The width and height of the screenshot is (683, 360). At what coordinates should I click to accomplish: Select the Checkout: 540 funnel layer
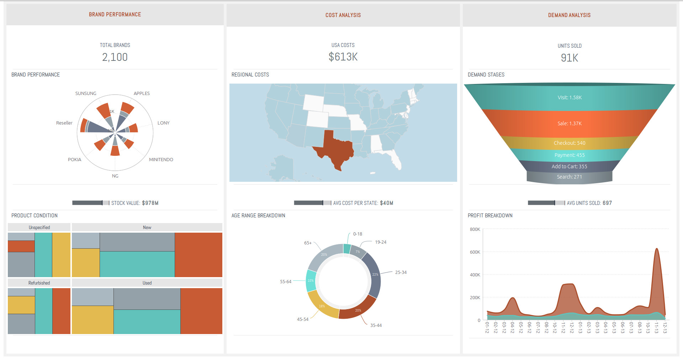click(x=569, y=143)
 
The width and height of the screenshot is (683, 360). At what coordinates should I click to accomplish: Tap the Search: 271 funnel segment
click(x=569, y=177)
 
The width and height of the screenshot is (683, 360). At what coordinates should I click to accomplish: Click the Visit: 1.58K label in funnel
click(x=570, y=97)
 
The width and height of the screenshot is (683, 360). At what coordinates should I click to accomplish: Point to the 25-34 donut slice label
click(x=401, y=272)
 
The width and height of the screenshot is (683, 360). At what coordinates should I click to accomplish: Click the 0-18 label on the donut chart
click(x=358, y=234)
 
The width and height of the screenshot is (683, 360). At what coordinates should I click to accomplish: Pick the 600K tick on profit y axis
click(x=475, y=252)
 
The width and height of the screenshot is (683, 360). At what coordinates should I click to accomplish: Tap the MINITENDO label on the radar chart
click(x=161, y=160)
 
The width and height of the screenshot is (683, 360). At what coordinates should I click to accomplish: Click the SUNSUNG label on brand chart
click(x=86, y=94)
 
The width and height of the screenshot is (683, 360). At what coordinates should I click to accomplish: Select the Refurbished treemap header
click(x=39, y=283)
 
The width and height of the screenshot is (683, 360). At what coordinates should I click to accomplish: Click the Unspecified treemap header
click(x=39, y=228)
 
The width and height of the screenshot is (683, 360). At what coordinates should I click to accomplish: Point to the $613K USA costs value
click(x=343, y=57)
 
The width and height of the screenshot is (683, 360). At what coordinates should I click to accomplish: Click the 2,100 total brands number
click(x=115, y=57)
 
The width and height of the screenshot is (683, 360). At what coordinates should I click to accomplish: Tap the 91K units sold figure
click(x=569, y=58)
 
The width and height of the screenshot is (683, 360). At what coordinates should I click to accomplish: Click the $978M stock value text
click(x=150, y=203)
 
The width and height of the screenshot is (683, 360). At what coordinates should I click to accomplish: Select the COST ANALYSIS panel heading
click(x=343, y=15)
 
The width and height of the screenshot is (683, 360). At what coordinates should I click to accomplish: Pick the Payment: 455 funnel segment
click(x=569, y=155)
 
